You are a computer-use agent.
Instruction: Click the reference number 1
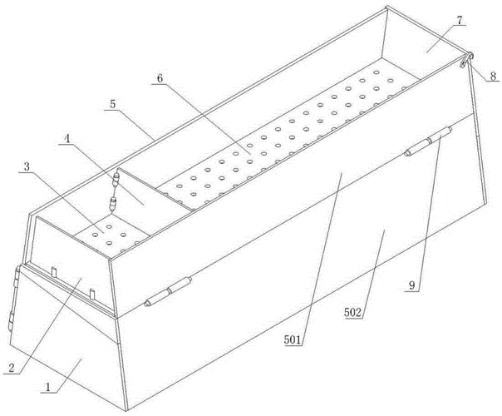(47, 387)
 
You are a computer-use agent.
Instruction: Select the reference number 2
(11, 368)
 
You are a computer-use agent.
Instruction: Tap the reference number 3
(27, 166)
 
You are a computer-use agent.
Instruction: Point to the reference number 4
(67, 139)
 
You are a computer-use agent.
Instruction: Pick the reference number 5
(112, 104)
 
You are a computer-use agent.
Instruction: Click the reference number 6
(160, 78)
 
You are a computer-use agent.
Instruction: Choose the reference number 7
(459, 20)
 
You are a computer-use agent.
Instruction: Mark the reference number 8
(493, 76)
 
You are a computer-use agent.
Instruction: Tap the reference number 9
(412, 285)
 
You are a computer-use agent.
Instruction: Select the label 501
(293, 340)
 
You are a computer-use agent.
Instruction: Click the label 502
(352, 312)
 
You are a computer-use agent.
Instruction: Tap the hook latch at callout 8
(466, 59)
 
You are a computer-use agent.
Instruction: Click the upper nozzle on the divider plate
(116, 180)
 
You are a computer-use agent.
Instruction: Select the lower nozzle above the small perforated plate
(113, 204)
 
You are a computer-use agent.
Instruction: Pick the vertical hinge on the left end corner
(14, 298)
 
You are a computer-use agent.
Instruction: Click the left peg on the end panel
(54, 272)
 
